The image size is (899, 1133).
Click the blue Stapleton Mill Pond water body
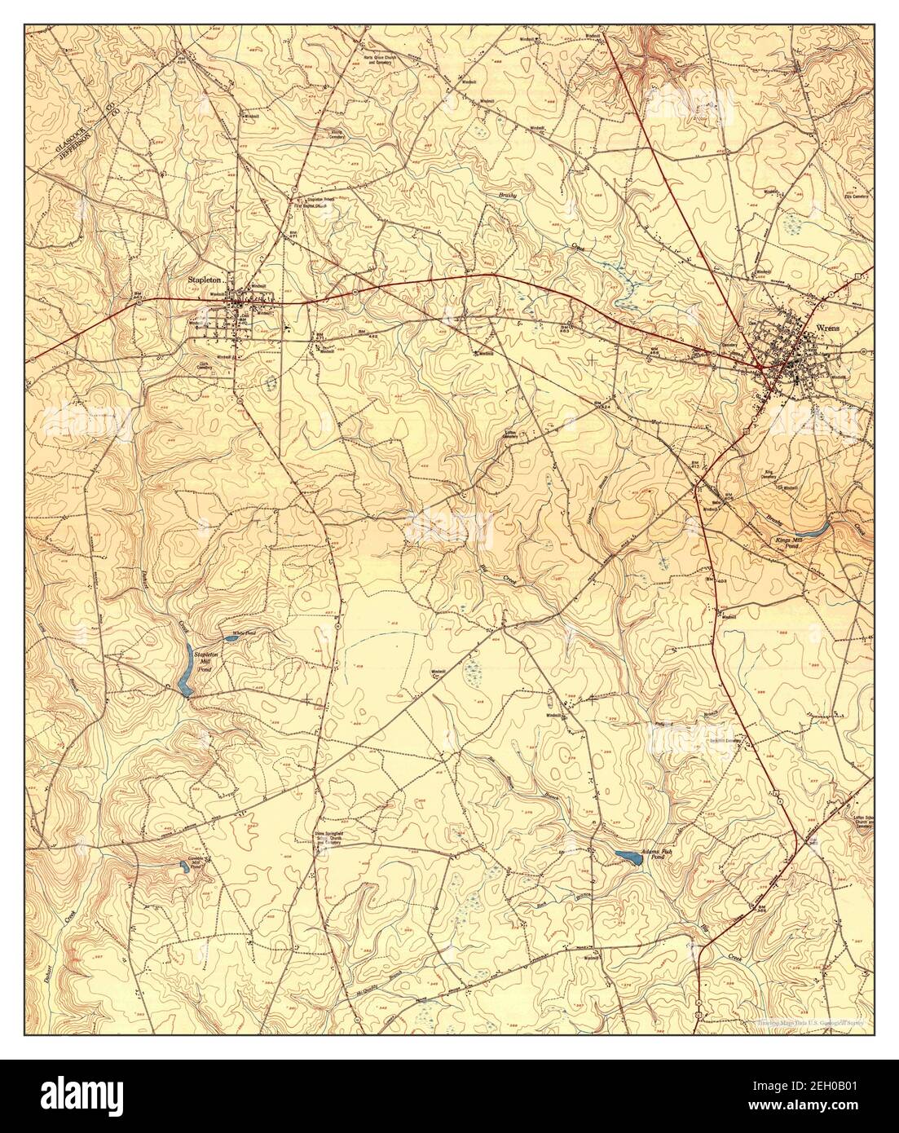coord(187,669)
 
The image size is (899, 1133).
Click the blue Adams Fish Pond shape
coord(627,856)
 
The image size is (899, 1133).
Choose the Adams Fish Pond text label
coord(657,853)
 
